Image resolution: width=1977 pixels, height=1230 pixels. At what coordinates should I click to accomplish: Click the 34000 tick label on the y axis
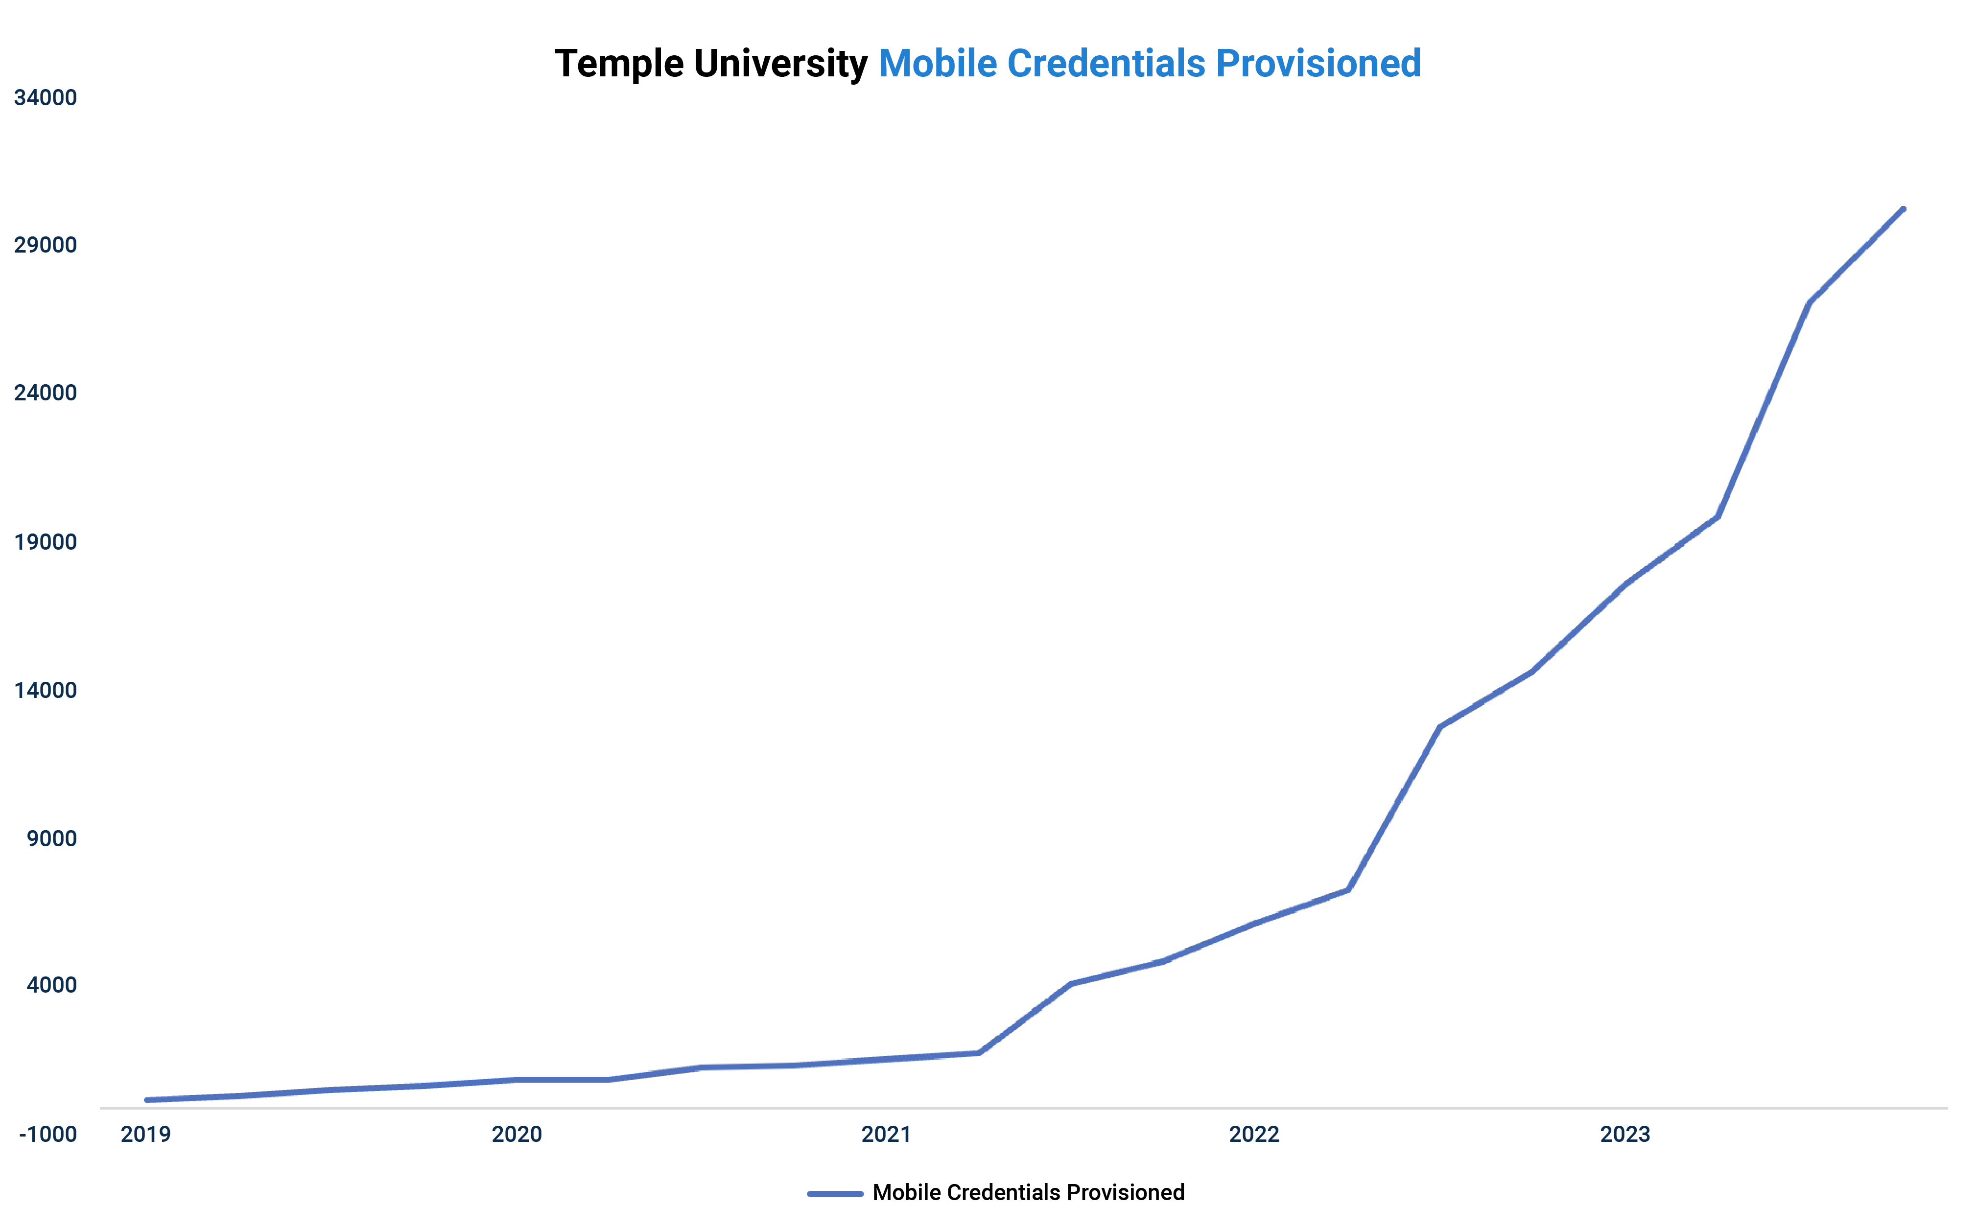tap(46, 97)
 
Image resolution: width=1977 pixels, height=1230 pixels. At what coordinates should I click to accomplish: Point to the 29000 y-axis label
tap(46, 245)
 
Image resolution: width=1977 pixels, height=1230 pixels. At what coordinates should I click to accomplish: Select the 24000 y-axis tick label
tap(46, 393)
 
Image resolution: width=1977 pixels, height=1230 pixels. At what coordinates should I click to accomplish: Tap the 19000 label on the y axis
tap(46, 542)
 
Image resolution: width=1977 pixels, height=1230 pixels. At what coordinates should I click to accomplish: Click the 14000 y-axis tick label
tap(46, 690)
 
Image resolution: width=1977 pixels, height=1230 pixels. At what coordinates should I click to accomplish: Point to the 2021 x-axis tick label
tap(886, 1134)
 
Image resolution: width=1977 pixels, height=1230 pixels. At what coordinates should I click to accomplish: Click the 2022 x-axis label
tap(1254, 1134)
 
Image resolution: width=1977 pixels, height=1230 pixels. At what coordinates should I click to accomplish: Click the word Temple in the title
tap(618, 64)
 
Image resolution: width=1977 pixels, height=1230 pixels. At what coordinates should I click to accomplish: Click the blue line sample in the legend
tap(835, 1193)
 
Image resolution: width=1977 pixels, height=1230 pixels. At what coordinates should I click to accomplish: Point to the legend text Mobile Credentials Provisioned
tap(1028, 1193)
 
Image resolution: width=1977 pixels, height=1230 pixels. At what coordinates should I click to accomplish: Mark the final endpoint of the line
tap(1903, 210)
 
